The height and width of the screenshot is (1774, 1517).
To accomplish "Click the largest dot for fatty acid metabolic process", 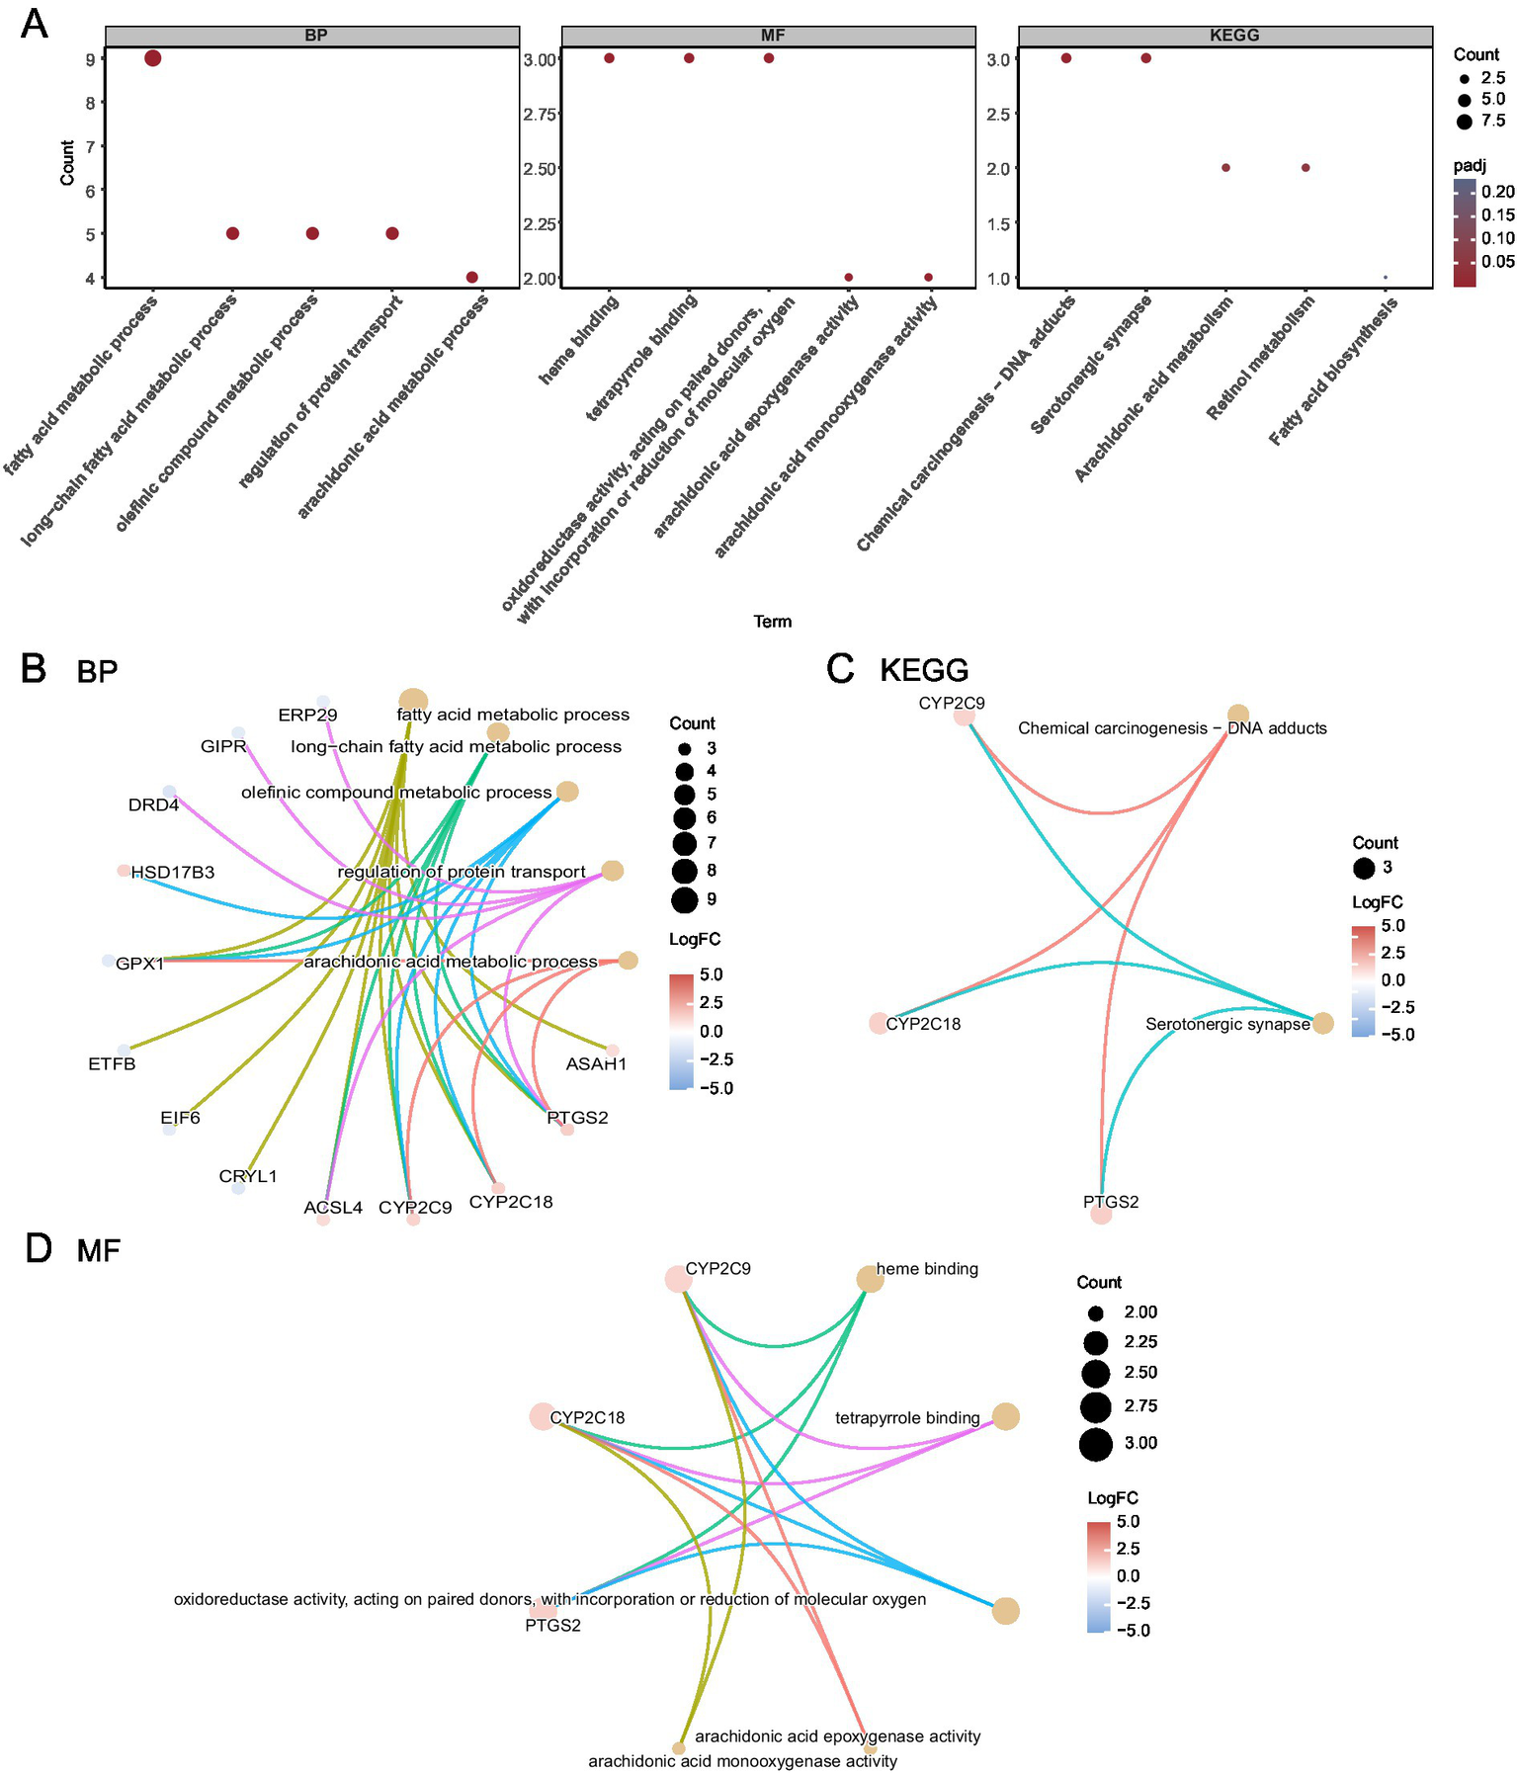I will click(152, 58).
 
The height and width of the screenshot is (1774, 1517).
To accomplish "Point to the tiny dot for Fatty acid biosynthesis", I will click(1386, 278).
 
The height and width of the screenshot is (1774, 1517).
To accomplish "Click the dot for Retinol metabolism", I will click(1306, 168).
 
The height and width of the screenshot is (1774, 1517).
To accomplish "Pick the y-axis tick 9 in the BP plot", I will click(91, 59).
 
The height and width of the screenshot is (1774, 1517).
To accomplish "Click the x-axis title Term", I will click(772, 621).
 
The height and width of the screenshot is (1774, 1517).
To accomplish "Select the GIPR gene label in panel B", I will click(223, 746).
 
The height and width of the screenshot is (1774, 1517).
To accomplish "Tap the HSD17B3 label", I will click(173, 873).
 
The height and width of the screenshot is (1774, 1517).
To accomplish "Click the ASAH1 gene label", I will click(596, 1064).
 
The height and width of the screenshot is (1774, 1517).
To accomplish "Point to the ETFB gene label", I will click(112, 1064).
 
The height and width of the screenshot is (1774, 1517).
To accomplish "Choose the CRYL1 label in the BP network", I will click(248, 1176).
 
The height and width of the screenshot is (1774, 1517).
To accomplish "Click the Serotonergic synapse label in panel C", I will click(1227, 1024).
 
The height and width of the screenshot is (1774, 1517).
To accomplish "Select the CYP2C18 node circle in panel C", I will click(878, 1024).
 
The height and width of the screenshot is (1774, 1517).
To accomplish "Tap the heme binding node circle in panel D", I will click(870, 1279).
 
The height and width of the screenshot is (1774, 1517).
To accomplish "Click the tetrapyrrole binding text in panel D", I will click(907, 1418).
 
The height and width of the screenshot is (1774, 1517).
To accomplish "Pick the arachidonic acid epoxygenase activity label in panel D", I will click(837, 1736).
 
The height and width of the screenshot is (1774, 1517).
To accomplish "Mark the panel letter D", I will click(38, 1248).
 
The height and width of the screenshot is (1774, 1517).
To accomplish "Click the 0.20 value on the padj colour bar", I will click(1498, 192).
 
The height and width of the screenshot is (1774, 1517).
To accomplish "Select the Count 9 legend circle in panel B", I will click(684, 900).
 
